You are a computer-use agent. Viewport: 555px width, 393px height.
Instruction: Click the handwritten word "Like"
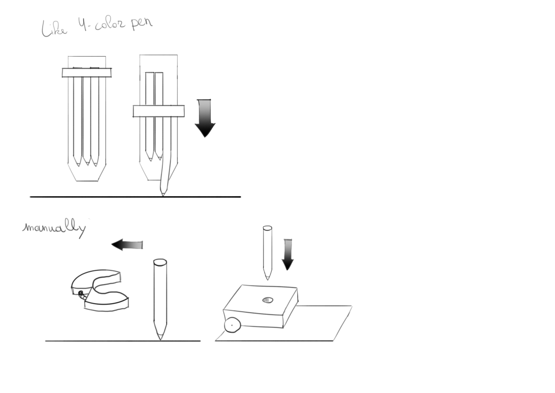coord(54,29)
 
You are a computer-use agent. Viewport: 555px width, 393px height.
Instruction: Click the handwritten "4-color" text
coord(101,25)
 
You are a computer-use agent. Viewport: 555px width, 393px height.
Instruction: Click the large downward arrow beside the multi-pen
coord(205,118)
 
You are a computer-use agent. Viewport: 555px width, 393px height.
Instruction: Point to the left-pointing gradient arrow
coord(127,245)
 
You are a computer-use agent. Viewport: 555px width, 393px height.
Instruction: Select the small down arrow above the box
coord(288,254)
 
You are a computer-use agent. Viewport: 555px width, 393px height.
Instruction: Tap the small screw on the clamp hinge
coord(81,293)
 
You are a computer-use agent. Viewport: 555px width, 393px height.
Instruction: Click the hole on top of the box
coord(268,300)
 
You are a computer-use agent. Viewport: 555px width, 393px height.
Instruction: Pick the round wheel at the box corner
coord(233,325)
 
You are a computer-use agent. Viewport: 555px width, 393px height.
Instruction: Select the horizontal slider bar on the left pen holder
coord(87,73)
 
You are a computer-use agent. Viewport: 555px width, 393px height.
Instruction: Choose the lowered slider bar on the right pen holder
coord(159,111)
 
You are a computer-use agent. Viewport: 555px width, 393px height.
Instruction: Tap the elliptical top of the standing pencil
coord(160,263)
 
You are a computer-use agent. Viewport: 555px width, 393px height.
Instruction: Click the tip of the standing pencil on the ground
coord(160,340)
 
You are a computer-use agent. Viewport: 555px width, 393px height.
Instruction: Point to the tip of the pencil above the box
coord(267,279)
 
